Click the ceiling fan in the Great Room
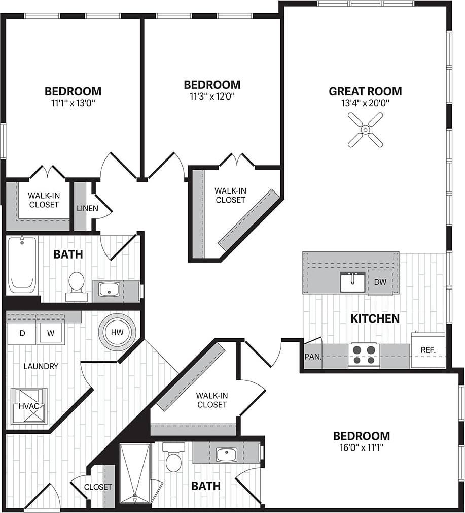click(x=365, y=130)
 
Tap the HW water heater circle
click(x=117, y=333)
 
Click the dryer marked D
click(x=22, y=334)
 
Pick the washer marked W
click(x=50, y=334)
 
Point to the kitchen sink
click(x=352, y=282)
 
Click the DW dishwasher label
click(x=380, y=281)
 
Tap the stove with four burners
click(x=364, y=355)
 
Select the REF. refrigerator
click(x=427, y=350)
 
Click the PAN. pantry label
click(x=313, y=356)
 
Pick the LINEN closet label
click(x=87, y=208)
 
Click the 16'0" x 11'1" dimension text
click(x=361, y=447)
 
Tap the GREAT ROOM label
click(x=365, y=91)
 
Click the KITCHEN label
click(x=375, y=318)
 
